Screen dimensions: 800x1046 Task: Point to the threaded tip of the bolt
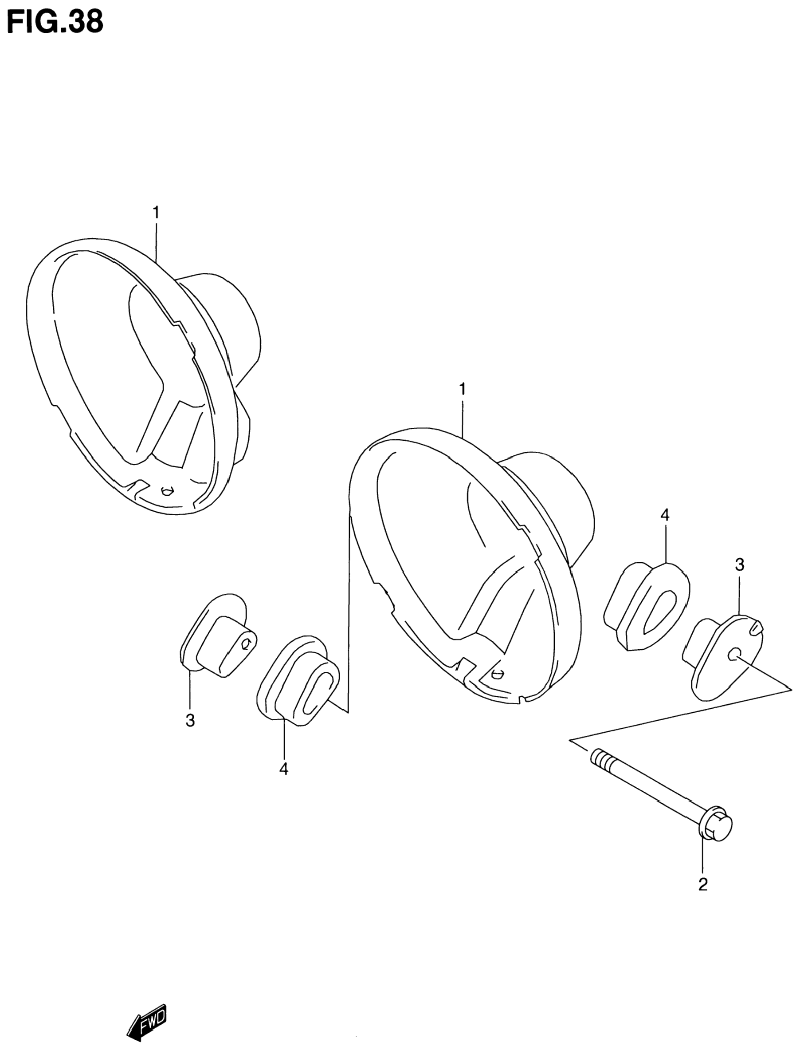pyautogui.click(x=599, y=757)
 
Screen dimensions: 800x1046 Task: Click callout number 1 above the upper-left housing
pyautogui.click(x=156, y=213)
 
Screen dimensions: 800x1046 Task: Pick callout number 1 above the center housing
pyautogui.click(x=462, y=389)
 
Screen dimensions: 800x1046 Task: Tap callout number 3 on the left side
pyautogui.click(x=190, y=721)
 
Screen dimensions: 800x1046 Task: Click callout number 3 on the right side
pyautogui.click(x=739, y=565)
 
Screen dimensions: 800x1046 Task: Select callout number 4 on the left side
pyautogui.click(x=284, y=769)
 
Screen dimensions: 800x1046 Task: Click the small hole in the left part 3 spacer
pyautogui.click(x=246, y=645)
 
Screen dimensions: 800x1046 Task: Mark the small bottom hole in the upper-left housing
pyautogui.click(x=166, y=491)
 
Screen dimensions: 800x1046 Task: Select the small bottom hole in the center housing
pyautogui.click(x=497, y=673)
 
